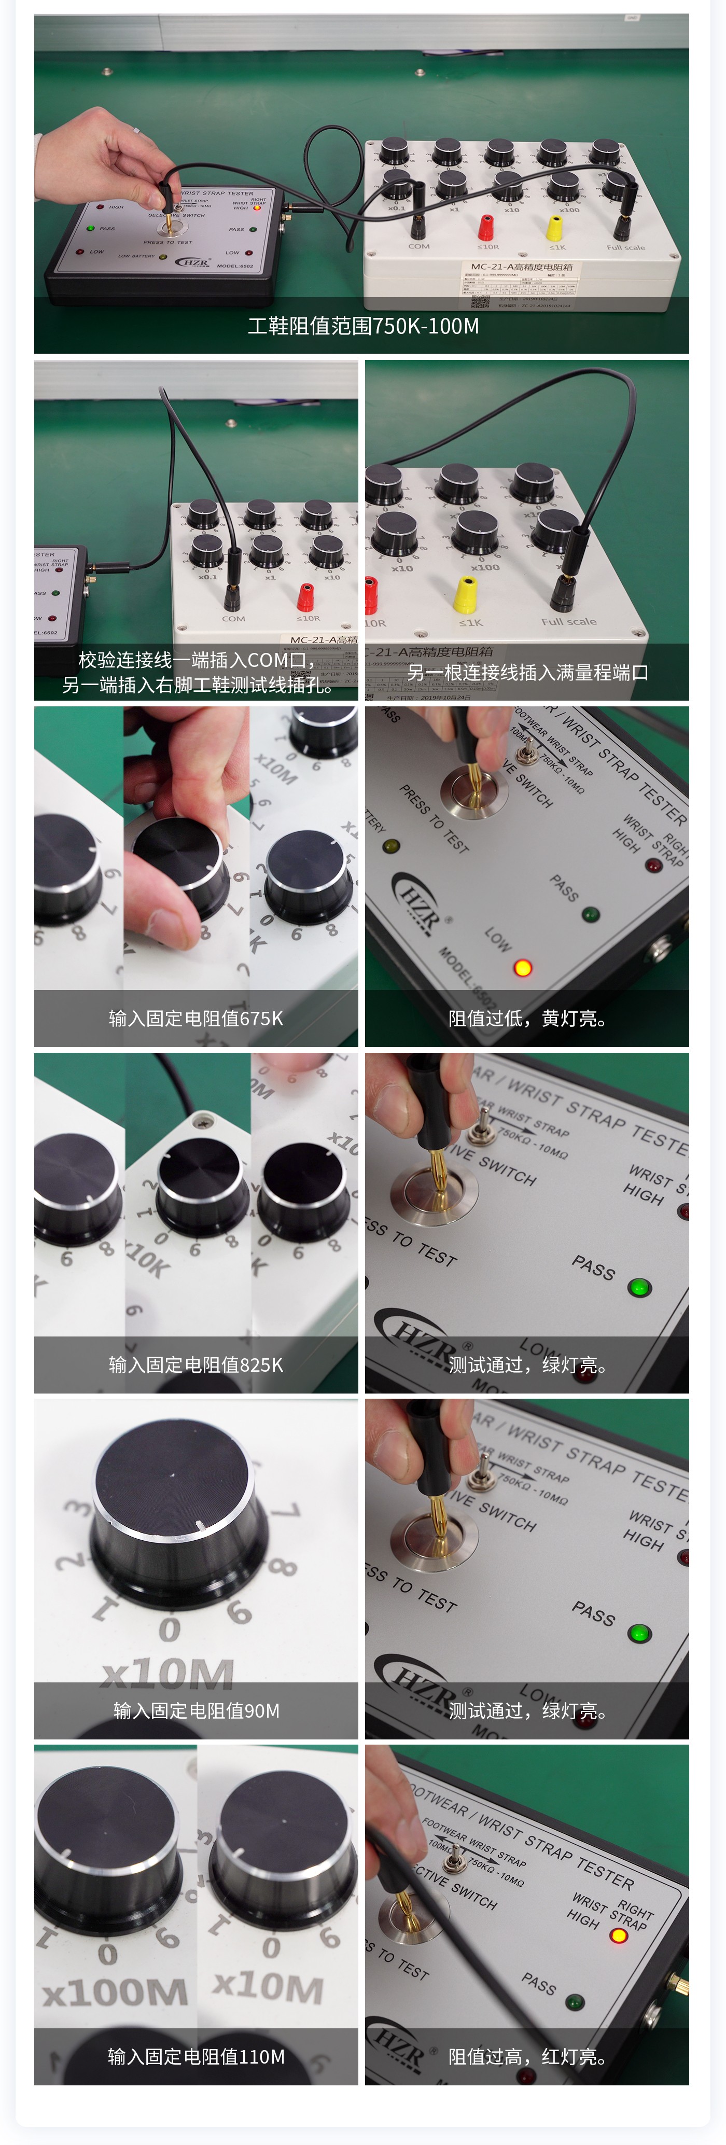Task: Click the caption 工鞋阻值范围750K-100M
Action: [x=363, y=326]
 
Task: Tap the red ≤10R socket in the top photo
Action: [x=485, y=226]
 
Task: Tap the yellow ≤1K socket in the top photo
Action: [x=554, y=227]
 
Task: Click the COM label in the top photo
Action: [x=419, y=246]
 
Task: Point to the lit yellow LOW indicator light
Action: [x=522, y=968]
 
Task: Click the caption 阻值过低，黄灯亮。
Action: [x=527, y=1019]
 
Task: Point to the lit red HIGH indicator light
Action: [x=619, y=1935]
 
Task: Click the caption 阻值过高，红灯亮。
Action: [x=527, y=2057]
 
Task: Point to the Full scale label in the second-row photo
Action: [x=569, y=621]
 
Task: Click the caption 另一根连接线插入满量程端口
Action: [x=527, y=672]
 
